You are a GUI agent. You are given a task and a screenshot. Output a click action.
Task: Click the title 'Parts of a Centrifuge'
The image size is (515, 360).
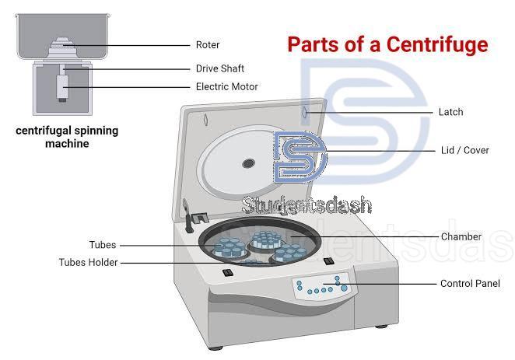[x=387, y=44]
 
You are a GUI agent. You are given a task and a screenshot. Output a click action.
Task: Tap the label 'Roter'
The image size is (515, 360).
[x=208, y=45]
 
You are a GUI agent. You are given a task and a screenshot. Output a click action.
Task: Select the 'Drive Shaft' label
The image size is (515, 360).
[x=220, y=68]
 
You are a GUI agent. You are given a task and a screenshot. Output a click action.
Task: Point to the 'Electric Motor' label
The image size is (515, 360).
[x=226, y=87]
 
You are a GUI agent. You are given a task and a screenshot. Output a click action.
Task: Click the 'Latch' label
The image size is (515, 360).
[x=450, y=112]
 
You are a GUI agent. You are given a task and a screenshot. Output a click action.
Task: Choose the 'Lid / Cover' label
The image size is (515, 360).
[x=464, y=150]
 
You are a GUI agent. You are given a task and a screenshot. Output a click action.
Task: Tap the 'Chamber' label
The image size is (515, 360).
[x=461, y=236]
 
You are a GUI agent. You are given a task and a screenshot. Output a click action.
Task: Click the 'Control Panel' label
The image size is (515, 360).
[x=470, y=284]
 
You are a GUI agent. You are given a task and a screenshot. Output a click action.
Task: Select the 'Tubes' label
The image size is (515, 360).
[x=102, y=245]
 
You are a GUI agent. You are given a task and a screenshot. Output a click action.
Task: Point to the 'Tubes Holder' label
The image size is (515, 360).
[x=89, y=263]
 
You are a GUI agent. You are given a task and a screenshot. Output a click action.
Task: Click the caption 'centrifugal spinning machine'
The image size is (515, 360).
[x=67, y=137]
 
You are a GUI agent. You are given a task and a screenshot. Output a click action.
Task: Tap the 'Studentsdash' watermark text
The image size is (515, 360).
[x=307, y=206]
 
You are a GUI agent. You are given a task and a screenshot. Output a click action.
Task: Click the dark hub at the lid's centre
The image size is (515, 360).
[x=248, y=163]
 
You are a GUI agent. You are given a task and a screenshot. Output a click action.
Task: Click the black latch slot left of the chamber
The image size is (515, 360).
[x=228, y=273]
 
